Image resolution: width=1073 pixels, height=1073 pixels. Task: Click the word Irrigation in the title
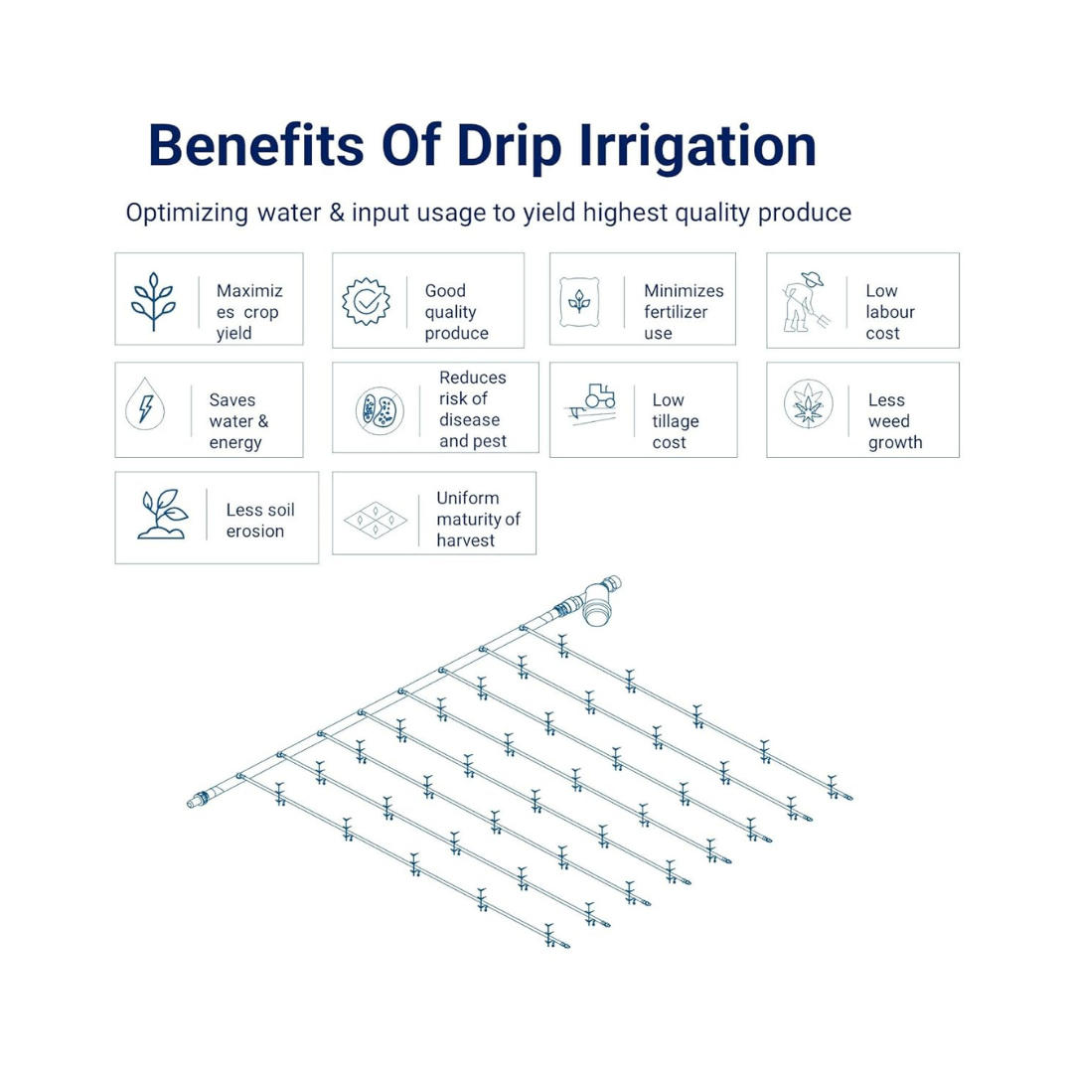coord(697,146)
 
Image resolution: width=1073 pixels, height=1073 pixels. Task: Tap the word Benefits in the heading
coord(256,145)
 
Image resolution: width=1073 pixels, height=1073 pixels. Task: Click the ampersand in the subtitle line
coord(337,213)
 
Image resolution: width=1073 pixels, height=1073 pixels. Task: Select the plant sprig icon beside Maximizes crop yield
coord(153,302)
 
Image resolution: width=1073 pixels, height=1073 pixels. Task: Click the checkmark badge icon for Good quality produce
coord(367,301)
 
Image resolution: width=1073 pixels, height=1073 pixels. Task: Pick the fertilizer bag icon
coord(579,302)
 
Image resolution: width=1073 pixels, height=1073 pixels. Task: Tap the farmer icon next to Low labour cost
coord(806,302)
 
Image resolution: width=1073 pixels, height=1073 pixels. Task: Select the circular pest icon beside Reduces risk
coord(380,410)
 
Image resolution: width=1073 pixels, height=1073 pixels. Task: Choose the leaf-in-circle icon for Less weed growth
coord(808,403)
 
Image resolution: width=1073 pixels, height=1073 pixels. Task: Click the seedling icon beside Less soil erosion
coord(162,514)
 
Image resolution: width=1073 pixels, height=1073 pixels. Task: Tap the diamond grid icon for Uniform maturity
coord(376,520)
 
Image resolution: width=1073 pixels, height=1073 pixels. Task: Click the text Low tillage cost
coord(676,421)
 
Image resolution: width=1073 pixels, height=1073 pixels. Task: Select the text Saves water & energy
coord(238,421)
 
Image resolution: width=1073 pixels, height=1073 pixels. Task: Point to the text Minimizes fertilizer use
coord(684,312)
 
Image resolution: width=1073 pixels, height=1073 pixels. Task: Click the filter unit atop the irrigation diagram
coord(600,599)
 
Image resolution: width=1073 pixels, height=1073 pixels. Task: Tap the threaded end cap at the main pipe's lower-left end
coord(198,799)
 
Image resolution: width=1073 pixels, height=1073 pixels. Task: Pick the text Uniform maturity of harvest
coord(478,519)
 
